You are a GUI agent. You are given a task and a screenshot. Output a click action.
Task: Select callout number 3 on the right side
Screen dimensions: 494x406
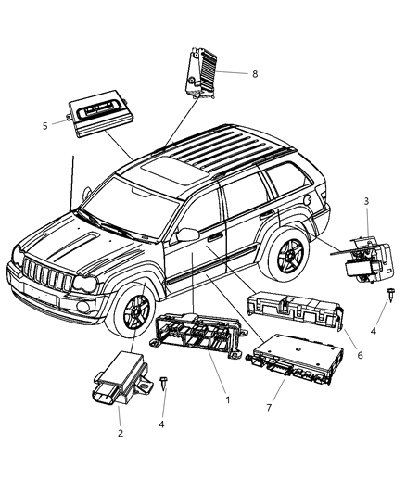click(366, 227)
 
